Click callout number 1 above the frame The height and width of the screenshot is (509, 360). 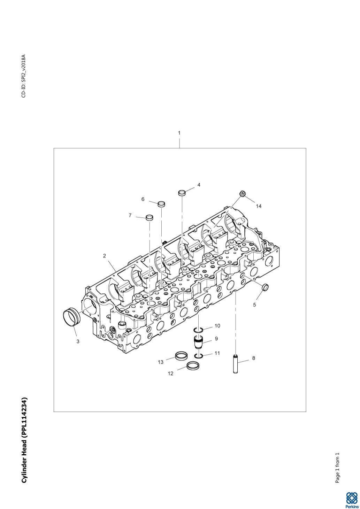(179, 133)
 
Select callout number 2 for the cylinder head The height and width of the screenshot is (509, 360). (104, 256)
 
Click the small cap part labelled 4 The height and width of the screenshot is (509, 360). (182, 193)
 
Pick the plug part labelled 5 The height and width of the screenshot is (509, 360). (265, 287)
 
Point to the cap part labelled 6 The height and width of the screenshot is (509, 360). (161, 204)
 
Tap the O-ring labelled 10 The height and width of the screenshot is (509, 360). (198, 330)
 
